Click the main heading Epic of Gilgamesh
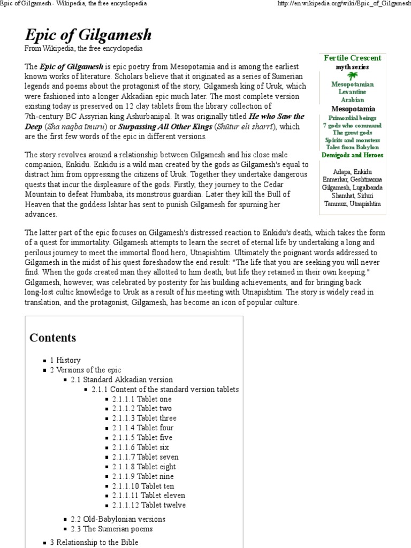coord(88,35)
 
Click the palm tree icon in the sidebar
coord(352,76)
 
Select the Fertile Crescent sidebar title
coord(352,58)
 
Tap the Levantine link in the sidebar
coord(352,92)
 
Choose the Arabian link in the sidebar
coord(352,100)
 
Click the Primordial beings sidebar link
coord(352,118)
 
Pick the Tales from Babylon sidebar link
coord(352,147)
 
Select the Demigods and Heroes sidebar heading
coord(352,155)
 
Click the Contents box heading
coord(53,338)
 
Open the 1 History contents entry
coord(65,361)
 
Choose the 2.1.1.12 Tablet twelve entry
coord(149,505)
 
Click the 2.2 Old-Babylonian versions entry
coord(118,519)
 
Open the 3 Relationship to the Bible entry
coord(94,542)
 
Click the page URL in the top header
coord(343,4)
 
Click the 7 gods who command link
coord(352,125)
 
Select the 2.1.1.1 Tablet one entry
coord(142,399)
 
